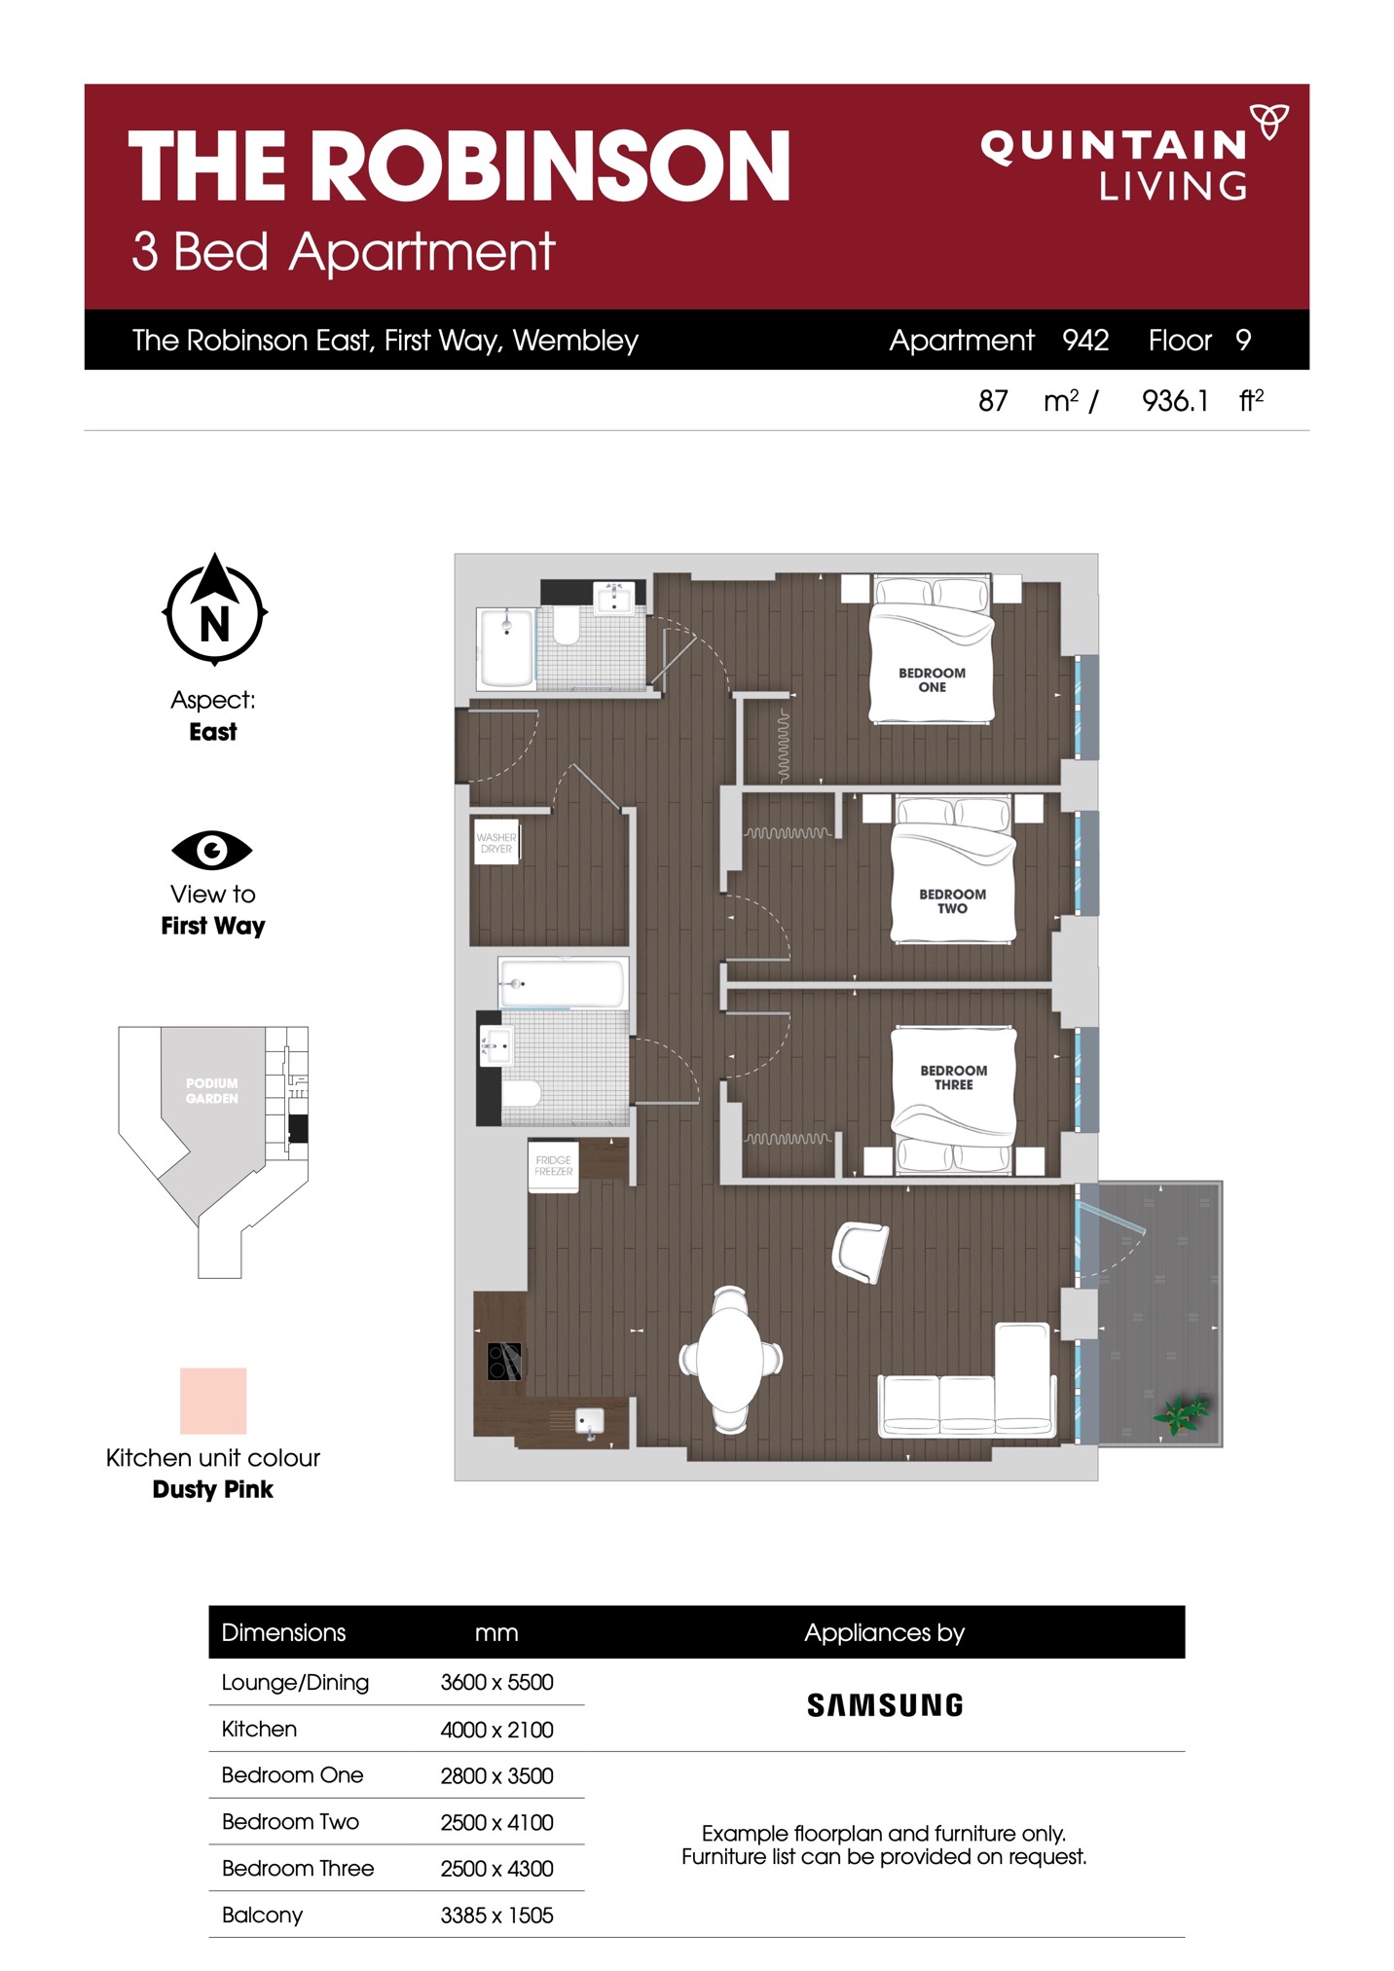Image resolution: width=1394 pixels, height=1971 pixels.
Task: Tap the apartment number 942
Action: tap(1085, 340)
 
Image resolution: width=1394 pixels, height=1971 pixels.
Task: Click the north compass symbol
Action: tap(214, 609)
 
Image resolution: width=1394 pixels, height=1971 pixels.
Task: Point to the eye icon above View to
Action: tap(212, 851)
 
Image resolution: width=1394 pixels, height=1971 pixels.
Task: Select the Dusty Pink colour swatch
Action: tap(213, 1401)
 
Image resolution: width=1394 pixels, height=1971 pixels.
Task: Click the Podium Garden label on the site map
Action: tap(212, 1091)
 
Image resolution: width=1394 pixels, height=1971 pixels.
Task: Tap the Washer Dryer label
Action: tap(496, 843)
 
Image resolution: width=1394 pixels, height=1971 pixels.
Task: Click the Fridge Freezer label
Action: tap(554, 1165)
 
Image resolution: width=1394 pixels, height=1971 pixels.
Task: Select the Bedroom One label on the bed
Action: tap(932, 679)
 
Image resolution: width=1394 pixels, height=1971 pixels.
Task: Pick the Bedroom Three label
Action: tap(954, 1077)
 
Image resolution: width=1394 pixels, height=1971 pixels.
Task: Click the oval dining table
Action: tap(730, 1360)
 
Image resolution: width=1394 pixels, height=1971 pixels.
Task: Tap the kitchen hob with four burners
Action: tap(504, 1361)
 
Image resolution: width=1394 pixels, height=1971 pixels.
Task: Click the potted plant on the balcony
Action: tap(1181, 1412)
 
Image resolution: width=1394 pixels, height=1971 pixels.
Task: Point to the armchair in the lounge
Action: tap(861, 1252)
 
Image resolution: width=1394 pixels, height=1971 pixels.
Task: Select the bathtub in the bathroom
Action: tap(562, 983)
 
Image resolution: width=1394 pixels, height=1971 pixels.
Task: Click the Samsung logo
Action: tap(885, 1704)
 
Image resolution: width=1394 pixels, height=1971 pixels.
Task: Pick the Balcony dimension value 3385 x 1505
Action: tap(496, 1915)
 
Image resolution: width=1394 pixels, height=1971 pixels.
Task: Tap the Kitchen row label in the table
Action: tap(259, 1729)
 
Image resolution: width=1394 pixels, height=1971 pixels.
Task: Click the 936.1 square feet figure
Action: tap(1175, 401)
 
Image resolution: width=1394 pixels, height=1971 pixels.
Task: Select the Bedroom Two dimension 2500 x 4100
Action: tap(496, 1822)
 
